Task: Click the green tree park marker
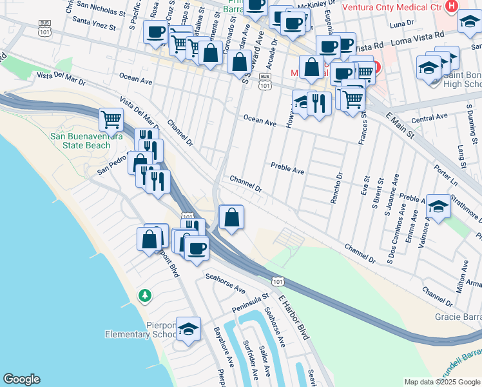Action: click(146, 295)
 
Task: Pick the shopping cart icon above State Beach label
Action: click(111, 119)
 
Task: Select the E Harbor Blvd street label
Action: click(294, 317)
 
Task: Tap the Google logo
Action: click(21, 379)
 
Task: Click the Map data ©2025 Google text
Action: click(441, 382)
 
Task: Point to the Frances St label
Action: click(364, 123)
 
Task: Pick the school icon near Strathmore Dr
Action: click(438, 206)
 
